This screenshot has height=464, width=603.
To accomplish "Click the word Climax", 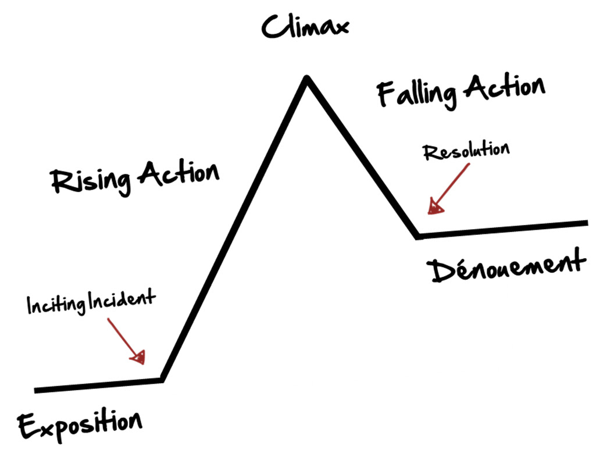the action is pyautogui.click(x=305, y=26).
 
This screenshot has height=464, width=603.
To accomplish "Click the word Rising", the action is pyautogui.click(x=91, y=181).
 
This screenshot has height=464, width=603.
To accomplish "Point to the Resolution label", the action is pyautogui.click(x=466, y=151).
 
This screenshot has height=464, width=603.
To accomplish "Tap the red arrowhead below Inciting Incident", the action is pyautogui.click(x=138, y=357).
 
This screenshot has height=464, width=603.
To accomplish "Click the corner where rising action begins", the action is pyautogui.click(x=162, y=380).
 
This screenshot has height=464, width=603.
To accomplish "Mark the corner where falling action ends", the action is pyautogui.click(x=418, y=236).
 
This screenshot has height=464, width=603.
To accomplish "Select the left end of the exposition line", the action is pyautogui.click(x=35, y=391).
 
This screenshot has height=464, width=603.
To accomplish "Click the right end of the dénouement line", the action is pyautogui.click(x=587, y=223).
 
